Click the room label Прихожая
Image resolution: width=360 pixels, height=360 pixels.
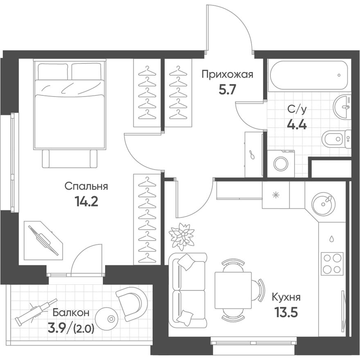(227, 74)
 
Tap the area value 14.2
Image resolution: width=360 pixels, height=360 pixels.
(86, 202)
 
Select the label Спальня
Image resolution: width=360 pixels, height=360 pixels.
(86, 186)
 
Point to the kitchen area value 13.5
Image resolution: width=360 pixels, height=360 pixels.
(286, 313)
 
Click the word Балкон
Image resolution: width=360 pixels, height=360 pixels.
(71, 313)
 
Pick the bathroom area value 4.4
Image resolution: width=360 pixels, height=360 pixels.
(297, 125)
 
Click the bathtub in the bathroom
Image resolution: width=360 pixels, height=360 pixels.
(309, 75)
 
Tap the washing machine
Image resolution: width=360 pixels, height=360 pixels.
(281, 164)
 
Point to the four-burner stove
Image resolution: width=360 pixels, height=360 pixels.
(332, 263)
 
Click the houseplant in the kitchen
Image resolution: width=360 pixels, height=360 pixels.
(181, 236)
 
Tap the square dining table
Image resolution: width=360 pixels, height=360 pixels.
(233, 290)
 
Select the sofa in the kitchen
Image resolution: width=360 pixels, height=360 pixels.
(187, 290)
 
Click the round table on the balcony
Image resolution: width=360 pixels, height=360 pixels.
(107, 319)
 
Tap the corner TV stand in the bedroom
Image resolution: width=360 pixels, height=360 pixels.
(43, 241)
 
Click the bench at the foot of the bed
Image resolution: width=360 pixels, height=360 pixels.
(70, 159)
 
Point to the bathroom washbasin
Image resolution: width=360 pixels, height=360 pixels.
(342, 107)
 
